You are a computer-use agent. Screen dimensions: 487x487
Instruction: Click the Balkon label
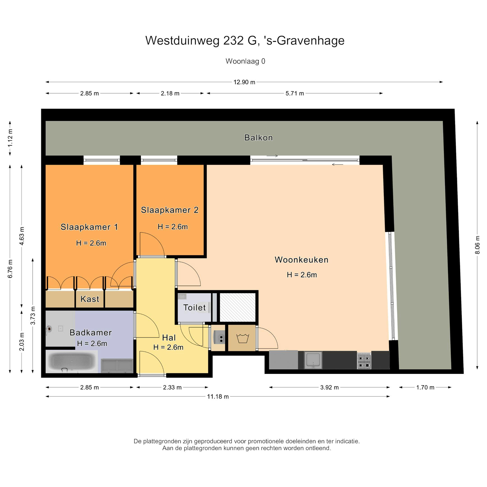click(258, 138)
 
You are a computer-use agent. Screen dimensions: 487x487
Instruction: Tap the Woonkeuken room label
click(301, 260)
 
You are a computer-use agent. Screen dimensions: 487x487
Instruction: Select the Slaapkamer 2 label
click(170, 210)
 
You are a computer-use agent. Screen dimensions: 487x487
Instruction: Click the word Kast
click(90, 299)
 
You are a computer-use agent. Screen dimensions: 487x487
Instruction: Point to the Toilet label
click(194, 308)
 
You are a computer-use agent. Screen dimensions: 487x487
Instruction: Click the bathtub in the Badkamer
click(72, 362)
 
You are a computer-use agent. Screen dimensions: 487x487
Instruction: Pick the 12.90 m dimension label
click(244, 82)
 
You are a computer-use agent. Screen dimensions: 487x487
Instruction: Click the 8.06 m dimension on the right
click(477, 245)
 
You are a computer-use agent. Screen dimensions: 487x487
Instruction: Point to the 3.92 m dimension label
click(329, 387)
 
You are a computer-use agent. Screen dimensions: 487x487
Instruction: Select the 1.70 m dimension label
click(425, 387)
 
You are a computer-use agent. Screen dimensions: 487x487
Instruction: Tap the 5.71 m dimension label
click(294, 94)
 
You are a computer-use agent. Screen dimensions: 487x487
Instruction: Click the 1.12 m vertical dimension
click(10, 138)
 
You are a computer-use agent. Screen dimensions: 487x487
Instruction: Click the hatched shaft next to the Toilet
click(238, 307)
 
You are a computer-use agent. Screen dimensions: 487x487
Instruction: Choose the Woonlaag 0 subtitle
click(245, 61)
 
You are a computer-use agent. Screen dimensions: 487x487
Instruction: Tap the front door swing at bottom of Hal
click(151, 363)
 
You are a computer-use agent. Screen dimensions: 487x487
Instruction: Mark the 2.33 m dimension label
click(172, 387)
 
